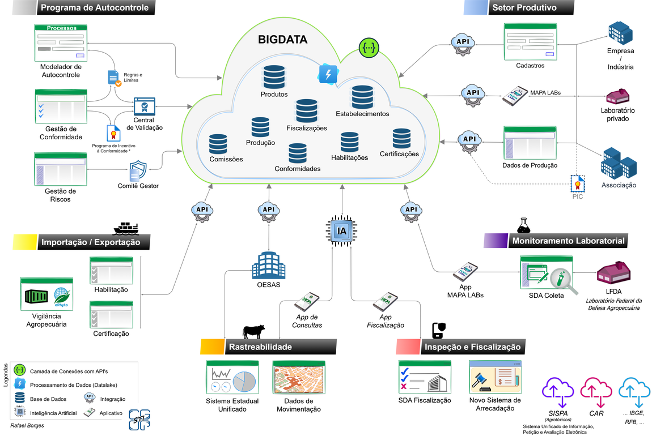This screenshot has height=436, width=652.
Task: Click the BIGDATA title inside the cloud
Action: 283,40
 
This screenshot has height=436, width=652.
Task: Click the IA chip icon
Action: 341,231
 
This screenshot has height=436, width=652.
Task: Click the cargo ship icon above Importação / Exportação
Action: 126,228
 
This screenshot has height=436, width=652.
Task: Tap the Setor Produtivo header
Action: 524,8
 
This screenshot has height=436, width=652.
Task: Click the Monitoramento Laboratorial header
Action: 568,241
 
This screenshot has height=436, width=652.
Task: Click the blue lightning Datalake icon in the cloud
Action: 328,74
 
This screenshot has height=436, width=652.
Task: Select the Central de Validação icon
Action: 144,106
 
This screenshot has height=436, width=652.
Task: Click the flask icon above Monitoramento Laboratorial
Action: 523,225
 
